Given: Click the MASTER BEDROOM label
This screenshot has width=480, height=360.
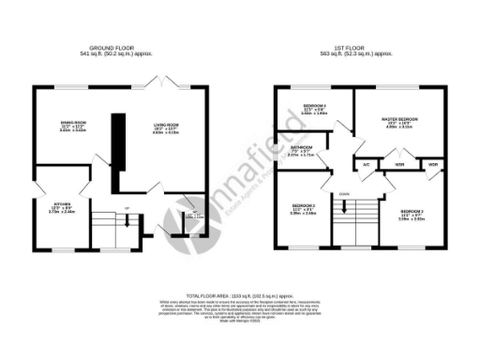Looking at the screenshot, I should tap(398, 120).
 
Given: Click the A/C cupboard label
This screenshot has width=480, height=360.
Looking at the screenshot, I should tap(366, 165).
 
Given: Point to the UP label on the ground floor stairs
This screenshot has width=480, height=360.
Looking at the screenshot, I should tap(127, 208).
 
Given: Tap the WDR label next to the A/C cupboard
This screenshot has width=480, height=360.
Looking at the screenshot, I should tap(399, 165).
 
